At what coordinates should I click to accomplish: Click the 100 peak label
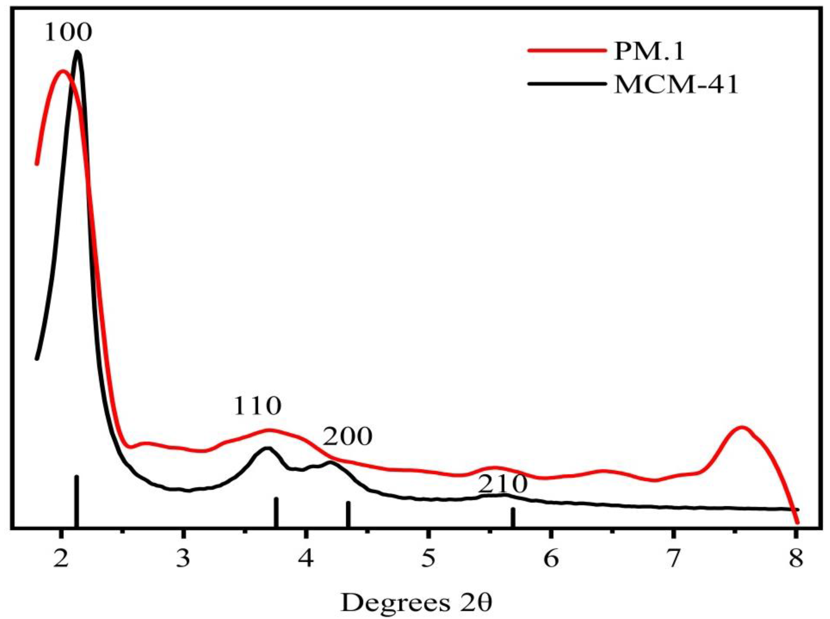pos(68,33)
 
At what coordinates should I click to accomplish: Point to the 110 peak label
pos(257,406)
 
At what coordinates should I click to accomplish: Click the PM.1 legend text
pos(649,51)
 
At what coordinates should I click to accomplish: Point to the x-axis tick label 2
pos(61,559)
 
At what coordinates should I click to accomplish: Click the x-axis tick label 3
pos(183,559)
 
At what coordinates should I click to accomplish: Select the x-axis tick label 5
pos(428,559)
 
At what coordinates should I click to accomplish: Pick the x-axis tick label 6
pos(551,559)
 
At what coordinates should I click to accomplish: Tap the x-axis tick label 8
pos(795,559)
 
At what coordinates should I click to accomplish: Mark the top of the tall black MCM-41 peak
pos(78,52)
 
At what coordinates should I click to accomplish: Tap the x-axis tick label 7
pos(673,559)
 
